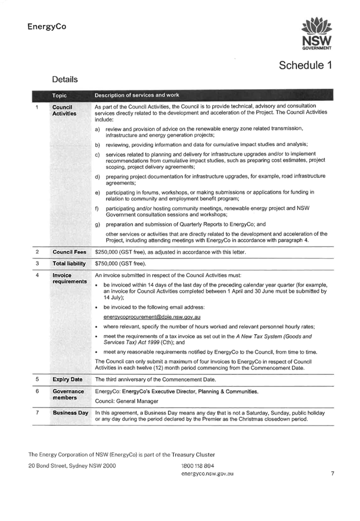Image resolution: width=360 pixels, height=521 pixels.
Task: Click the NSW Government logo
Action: [x=316, y=33]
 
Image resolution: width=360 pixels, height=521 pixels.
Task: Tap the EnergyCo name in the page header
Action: [x=47, y=27]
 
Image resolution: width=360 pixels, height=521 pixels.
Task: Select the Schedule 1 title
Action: [x=305, y=65]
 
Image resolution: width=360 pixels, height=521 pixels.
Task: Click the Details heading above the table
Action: [x=65, y=79]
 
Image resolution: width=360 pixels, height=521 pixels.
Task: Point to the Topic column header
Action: [x=60, y=95]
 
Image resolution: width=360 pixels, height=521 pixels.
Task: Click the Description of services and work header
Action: [x=137, y=95]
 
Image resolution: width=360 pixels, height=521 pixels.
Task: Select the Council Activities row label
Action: [x=64, y=110]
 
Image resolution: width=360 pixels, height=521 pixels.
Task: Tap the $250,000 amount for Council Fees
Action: [x=107, y=252]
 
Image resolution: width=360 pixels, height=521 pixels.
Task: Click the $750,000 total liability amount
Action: [x=107, y=264]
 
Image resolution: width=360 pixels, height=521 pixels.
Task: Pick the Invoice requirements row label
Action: [x=69, y=278]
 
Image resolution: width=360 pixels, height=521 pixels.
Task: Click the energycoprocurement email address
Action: [x=152, y=317]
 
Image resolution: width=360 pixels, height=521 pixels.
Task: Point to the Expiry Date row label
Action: [x=68, y=379]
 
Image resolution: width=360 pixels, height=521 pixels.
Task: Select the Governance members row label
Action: [x=68, y=394]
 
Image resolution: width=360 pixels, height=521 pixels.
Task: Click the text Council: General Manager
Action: [x=127, y=401]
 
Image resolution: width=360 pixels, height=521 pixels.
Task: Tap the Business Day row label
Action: [x=70, y=413]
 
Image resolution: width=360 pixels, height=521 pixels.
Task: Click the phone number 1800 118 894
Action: [x=198, y=466]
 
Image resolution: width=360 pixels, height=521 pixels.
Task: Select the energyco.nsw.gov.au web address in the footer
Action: [x=208, y=474]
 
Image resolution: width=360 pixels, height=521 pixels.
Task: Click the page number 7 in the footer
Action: [x=333, y=474]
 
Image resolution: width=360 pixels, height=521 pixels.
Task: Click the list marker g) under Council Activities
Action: [x=98, y=225]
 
